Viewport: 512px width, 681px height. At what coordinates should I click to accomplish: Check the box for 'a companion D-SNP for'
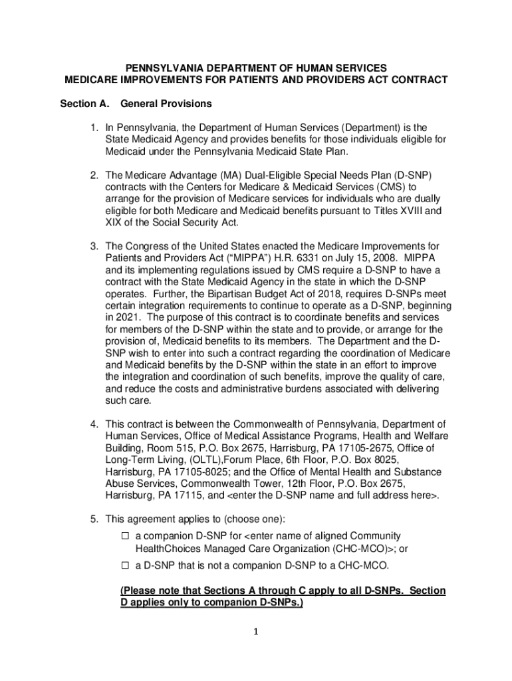click(124, 536)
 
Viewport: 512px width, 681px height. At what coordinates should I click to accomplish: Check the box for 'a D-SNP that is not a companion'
click(124, 566)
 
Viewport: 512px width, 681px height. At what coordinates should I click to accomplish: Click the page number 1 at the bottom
click(256, 632)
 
